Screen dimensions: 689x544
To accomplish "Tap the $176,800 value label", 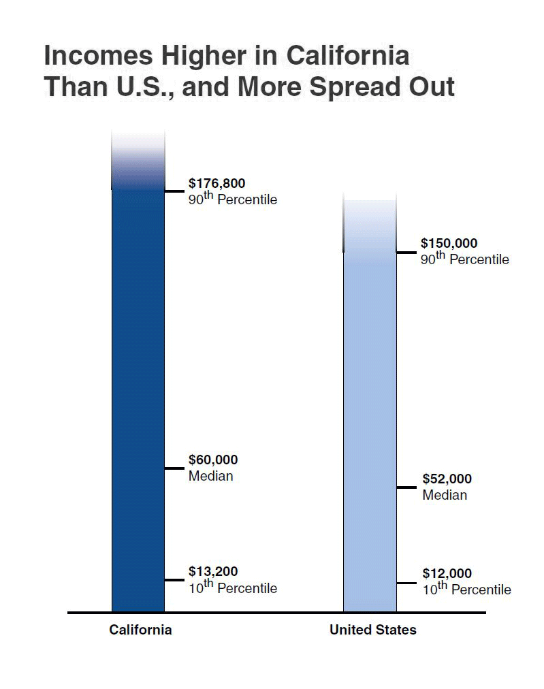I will pos(217,183).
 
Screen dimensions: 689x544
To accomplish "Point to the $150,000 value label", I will pos(449,243).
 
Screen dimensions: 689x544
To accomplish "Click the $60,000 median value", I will pos(213,460).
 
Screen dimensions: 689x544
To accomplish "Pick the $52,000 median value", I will pos(447,479).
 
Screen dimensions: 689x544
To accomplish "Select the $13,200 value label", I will pos(213,572).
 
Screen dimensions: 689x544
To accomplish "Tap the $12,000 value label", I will pos(447,574).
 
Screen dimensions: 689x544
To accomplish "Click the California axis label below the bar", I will pos(140,630).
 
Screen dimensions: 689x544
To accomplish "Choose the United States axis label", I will pos(372,630).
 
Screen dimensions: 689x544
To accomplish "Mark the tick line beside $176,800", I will pos(175,191).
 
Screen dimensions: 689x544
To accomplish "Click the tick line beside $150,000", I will pos(406,253).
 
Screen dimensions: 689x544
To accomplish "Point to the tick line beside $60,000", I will pos(175,468).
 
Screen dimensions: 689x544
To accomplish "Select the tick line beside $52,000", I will pos(406,487).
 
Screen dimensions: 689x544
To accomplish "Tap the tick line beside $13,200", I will pos(175,580).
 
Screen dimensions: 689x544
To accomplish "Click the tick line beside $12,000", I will pos(406,583).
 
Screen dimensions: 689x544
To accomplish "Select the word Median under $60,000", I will pos(210,476).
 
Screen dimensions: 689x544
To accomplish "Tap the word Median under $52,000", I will pos(445,495).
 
